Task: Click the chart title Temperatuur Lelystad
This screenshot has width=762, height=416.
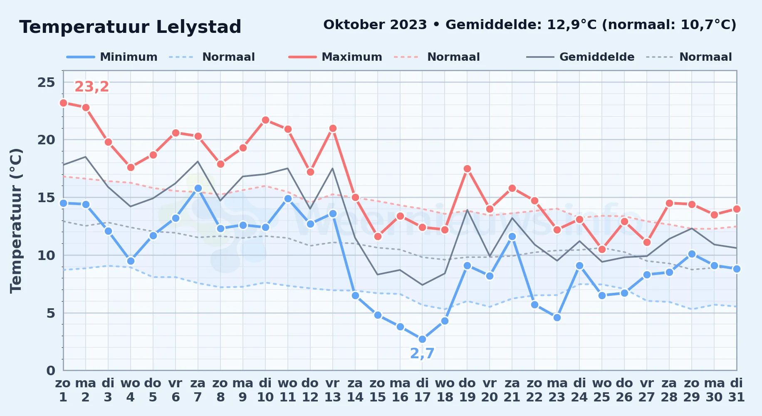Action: point(130,27)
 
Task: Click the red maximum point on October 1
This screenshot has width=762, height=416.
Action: point(63,103)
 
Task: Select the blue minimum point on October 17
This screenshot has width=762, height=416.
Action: point(422,339)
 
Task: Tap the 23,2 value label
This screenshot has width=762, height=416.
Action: point(92,87)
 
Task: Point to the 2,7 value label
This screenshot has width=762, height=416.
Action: point(422,353)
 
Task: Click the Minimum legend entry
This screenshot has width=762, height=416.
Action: point(112,57)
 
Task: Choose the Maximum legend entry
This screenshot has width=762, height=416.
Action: point(335,57)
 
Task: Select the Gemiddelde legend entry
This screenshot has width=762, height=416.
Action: point(580,57)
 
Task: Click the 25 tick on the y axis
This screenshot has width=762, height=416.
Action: point(46,82)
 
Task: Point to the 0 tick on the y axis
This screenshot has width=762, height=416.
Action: point(51,370)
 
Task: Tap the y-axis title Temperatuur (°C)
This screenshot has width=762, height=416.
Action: point(16,220)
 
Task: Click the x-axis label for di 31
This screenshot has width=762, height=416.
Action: point(736,390)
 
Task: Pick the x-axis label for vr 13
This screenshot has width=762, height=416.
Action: point(332,390)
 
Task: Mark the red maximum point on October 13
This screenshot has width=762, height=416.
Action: point(332,128)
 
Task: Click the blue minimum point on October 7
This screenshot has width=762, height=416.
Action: point(198,188)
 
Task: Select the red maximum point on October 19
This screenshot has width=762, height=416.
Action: point(467,168)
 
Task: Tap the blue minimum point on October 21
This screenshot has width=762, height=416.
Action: point(512,236)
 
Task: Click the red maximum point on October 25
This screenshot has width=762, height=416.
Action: point(602,249)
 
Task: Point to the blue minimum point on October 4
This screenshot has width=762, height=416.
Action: point(131,261)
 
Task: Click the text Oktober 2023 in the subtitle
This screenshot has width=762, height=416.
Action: point(375,25)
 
